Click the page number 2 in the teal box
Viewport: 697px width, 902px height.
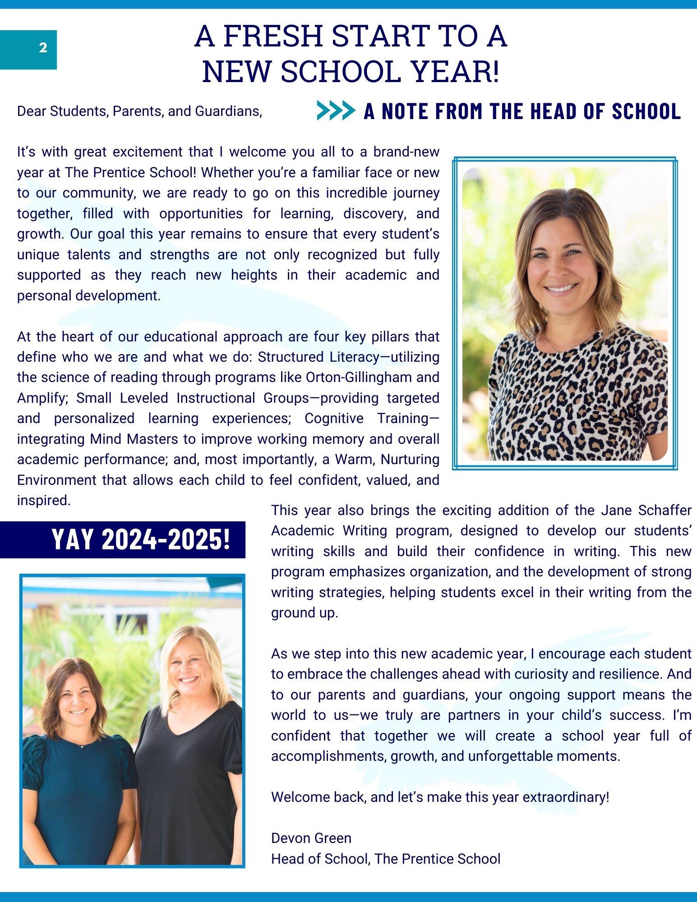pyautogui.click(x=43, y=48)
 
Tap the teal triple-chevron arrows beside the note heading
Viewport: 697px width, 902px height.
pyautogui.click(x=336, y=110)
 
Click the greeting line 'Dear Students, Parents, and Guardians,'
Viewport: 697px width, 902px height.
pyautogui.click(x=139, y=111)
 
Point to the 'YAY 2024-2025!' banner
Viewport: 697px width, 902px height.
pyautogui.click(x=141, y=539)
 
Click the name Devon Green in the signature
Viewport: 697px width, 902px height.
pyautogui.click(x=311, y=838)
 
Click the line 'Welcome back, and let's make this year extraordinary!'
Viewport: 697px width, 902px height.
pyautogui.click(x=440, y=797)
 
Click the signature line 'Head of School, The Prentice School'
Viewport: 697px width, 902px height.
pyautogui.click(x=385, y=859)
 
